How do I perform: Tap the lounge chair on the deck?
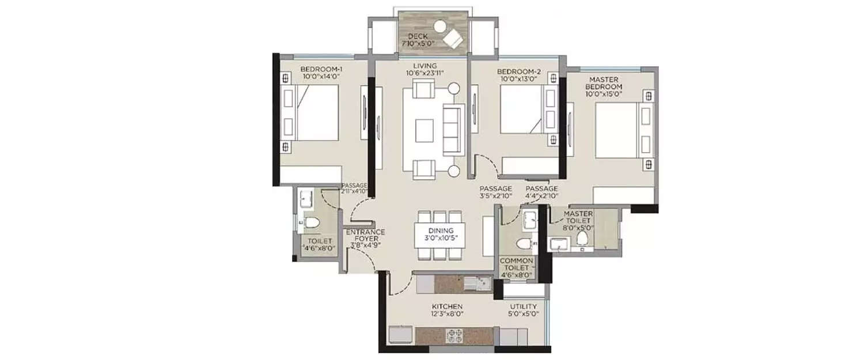click(x=453, y=39)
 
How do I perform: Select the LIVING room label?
click(x=425, y=66)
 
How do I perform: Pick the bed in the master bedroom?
click(x=619, y=130)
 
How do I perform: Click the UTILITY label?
click(x=523, y=306)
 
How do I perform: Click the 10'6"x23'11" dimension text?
click(x=425, y=74)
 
